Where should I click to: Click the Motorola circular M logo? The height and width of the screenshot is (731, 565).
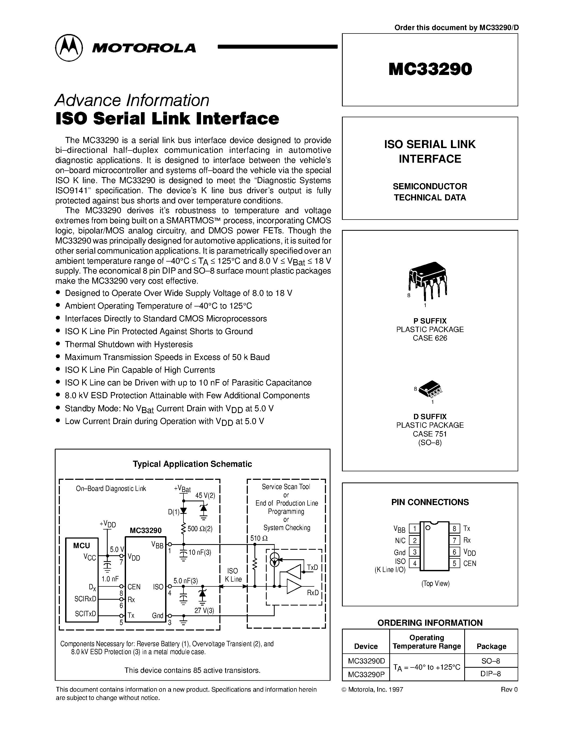69,48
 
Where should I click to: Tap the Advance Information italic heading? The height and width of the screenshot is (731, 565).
132,100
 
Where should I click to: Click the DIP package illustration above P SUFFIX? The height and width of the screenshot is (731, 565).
428,279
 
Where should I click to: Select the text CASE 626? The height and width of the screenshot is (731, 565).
430,338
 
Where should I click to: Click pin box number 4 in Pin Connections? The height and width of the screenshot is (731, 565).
415,563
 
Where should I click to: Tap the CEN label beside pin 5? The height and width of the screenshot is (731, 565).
469,563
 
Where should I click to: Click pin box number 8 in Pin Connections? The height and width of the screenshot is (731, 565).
454,528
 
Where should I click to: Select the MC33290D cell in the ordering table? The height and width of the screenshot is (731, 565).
366,661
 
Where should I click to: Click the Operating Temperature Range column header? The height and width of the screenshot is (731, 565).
426,642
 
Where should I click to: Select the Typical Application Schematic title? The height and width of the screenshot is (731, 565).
192,464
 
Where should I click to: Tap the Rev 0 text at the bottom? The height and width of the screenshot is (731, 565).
509,690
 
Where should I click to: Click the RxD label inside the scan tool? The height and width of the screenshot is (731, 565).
313,593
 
